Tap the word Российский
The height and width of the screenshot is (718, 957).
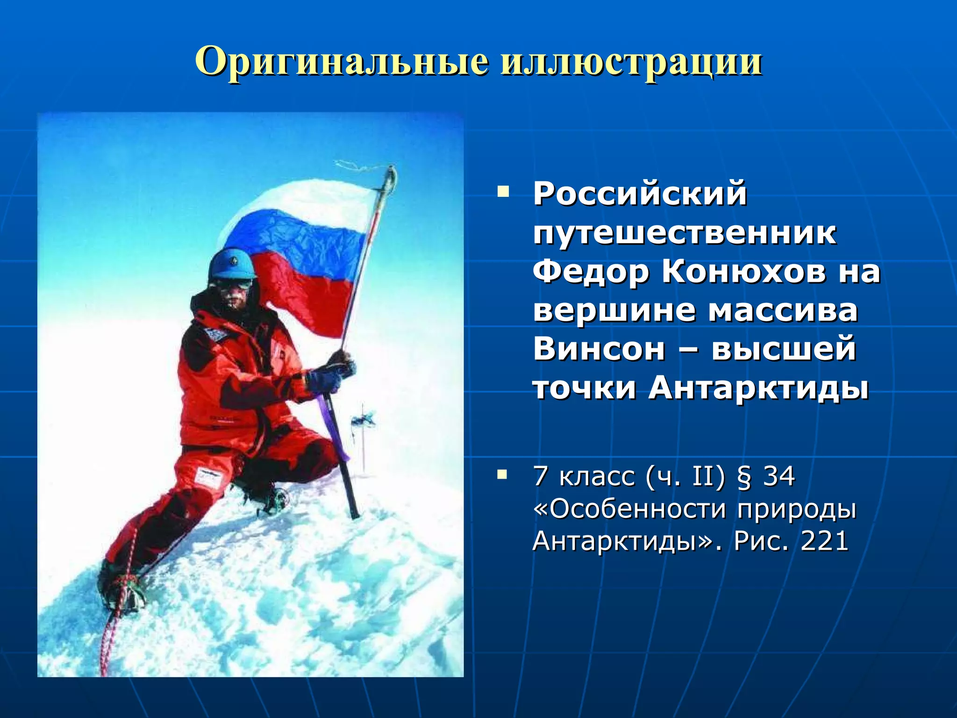[640, 194]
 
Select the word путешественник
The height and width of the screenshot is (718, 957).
[685, 233]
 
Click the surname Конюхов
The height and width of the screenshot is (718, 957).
[743, 272]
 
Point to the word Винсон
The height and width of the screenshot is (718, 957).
[599, 349]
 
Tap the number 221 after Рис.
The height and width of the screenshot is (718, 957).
[824, 541]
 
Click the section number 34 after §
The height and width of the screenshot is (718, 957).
[778, 477]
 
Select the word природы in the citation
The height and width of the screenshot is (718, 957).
[796, 509]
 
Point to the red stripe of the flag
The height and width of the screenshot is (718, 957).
[308, 290]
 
